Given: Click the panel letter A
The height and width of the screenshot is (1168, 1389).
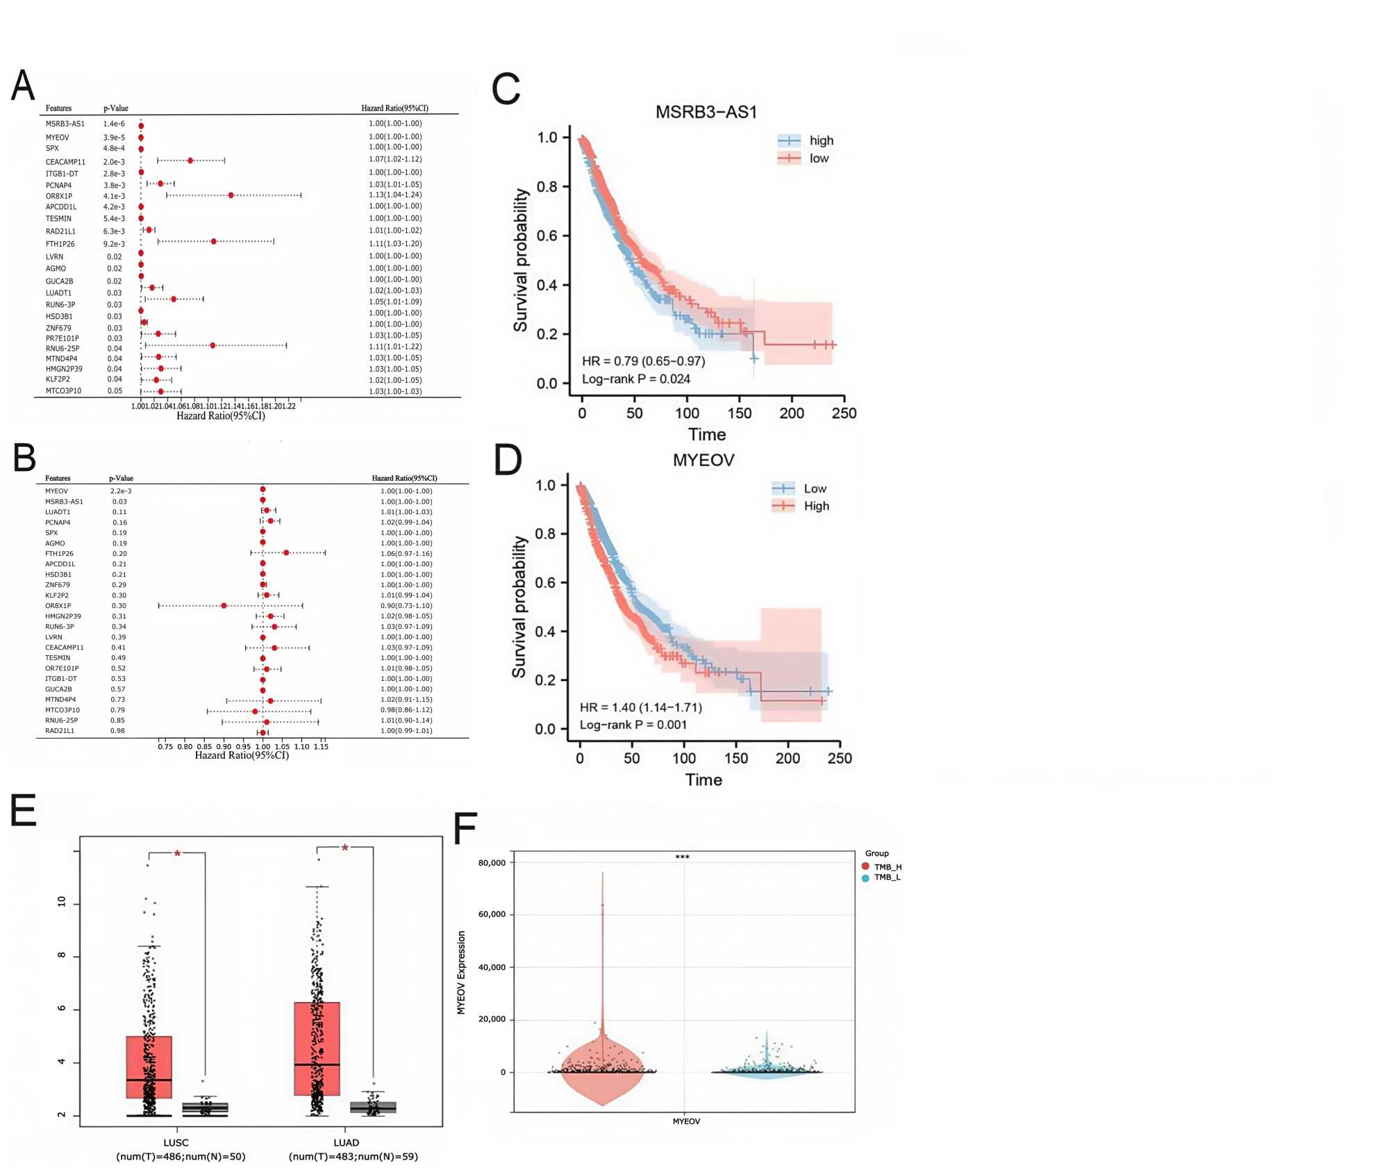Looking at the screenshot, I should tap(23, 86).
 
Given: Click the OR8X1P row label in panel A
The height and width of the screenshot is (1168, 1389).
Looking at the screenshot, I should tap(59, 196).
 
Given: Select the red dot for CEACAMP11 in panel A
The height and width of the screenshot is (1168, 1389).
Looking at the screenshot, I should tap(190, 161).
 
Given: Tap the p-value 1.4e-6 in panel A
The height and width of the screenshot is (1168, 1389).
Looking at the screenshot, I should tap(114, 124).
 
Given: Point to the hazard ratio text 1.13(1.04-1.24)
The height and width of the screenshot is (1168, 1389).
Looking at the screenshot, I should tap(395, 195).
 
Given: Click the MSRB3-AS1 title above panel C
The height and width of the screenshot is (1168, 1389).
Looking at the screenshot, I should tap(706, 112).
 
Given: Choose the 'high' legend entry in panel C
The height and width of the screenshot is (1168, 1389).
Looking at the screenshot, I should tap(821, 140).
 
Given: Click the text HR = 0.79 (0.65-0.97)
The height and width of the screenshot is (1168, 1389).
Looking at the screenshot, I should tap(643, 361).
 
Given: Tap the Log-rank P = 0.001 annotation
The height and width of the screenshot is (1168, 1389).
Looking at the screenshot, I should tap(633, 725).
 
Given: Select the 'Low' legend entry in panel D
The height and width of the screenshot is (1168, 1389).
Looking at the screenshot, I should tap(815, 488).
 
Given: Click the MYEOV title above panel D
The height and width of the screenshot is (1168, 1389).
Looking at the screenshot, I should tap(703, 460).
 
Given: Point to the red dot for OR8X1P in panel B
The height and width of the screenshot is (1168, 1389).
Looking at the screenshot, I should tap(224, 606).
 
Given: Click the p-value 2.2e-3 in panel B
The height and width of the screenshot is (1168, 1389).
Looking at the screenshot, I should tap(121, 491).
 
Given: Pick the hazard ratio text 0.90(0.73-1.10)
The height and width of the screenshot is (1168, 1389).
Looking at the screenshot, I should tap(406, 606).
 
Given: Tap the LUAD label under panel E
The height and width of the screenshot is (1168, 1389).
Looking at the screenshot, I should tap(346, 1142).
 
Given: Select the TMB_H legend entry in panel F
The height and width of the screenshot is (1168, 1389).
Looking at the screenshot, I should tap(887, 866).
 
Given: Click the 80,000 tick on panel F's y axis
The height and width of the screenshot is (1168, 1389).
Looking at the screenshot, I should tap(492, 863).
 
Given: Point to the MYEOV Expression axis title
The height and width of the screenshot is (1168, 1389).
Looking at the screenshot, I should tap(461, 973).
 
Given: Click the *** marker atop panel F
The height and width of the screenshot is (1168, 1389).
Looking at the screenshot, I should tap(682, 857).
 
